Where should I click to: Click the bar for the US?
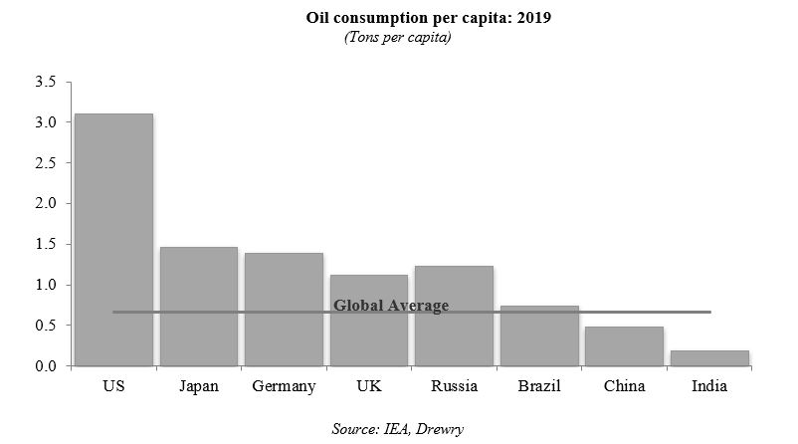click(x=113, y=239)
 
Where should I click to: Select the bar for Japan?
click(x=199, y=307)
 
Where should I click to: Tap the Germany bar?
click(x=284, y=310)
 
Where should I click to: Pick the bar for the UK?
click(x=369, y=321)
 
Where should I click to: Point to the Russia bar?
click(x=454, y=316)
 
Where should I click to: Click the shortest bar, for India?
click(x=709, y=358)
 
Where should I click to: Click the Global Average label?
click(x=391, y=306)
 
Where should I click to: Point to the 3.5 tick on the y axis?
click(x=47, y=82)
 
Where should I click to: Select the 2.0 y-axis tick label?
click(x=47, y=204)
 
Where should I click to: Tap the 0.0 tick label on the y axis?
click(x=47, y=366)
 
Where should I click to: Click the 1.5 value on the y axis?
click(x=47, y=245)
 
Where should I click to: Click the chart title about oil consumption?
click(x=398, y=18)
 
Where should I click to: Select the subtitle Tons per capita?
click(x=398, y=37)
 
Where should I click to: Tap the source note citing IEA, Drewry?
click(x=398, y=428)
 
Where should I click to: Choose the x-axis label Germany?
click(x=284, y=386)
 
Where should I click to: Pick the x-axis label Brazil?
click(x=539, y=386)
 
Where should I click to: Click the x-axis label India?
click(x=709, y=386)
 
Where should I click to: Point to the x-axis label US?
click(x=113, y=386)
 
